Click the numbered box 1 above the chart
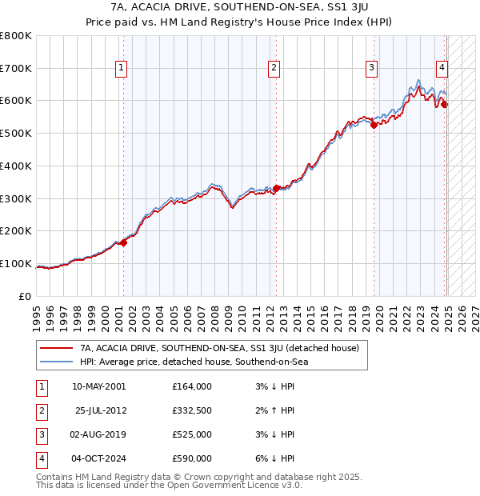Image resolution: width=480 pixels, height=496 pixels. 120,68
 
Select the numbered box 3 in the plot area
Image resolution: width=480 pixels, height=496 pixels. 372,68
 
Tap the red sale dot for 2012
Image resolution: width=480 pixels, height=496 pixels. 277,188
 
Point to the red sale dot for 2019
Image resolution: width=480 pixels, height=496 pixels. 374,125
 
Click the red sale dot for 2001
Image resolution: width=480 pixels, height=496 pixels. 123,242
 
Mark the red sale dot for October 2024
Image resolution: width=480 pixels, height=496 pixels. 445,104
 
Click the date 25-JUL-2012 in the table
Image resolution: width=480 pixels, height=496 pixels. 100,410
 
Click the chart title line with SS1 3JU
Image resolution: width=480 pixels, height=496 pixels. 239,8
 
